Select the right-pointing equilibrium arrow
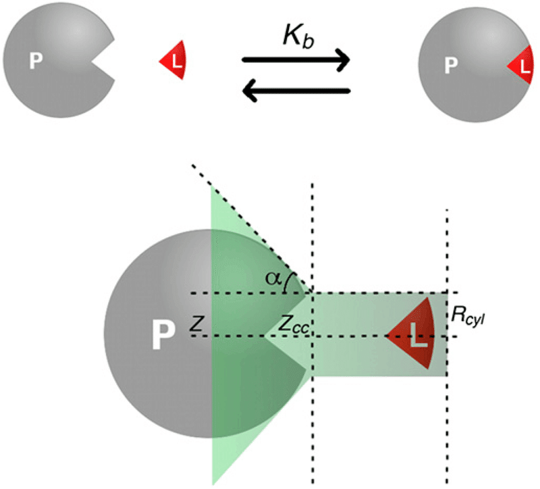(x=296, y=61)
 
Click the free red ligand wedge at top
(x=173, y=61)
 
